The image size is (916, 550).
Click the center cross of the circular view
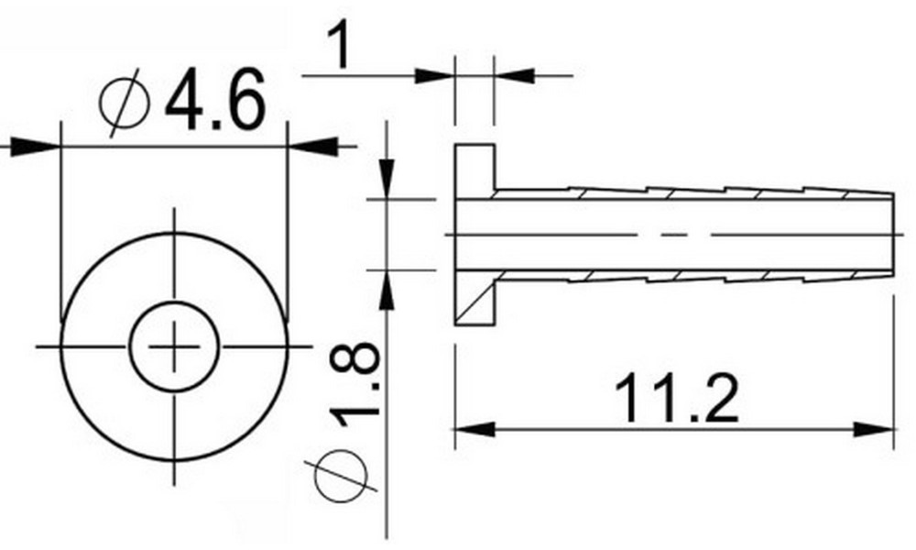point(174,346)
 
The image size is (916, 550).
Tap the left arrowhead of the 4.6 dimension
point(37,145)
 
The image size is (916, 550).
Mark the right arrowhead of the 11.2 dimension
point(873,429)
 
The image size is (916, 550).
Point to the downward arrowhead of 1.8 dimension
point(387,178)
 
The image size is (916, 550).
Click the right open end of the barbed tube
point(891,235)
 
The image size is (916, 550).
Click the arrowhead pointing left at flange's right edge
point(513,74)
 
